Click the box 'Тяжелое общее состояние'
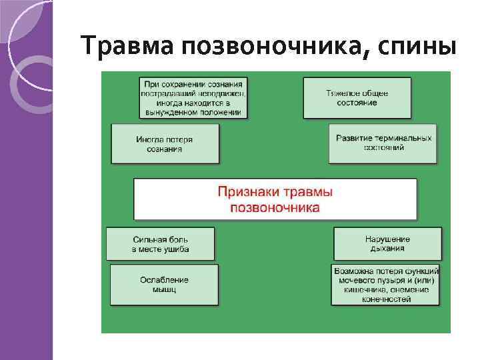point(357,98)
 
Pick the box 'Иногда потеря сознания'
point(165,144)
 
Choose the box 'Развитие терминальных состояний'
point(383,143)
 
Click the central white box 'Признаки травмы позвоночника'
point(275,199)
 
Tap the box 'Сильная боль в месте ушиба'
point(161,244)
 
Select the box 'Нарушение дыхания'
point(387,244)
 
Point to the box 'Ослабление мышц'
point(164,285)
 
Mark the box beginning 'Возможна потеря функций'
point(386,285)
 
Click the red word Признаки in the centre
point(249,192)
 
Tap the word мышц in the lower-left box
point(164,290)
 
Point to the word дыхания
point(387,249)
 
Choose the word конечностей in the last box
point(387,299)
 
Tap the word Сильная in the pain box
point(147,239)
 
